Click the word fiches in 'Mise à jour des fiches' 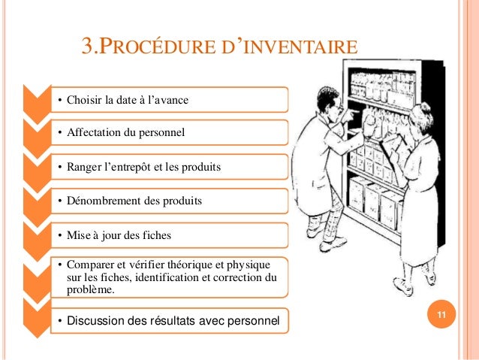click(157, 235)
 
